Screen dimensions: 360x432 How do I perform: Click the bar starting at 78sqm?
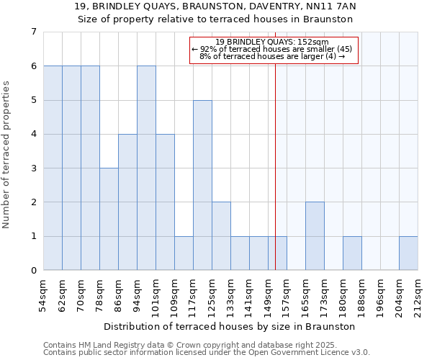pyautogui.click(x=109, y=220)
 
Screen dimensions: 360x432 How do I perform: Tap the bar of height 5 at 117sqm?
pyautogui.click(x=202, y=185)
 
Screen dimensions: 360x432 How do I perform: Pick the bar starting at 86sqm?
pyautogui.click(x=127, y=202)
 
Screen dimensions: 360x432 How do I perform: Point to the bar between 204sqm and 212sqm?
pyautogui.click(x=408, y=253)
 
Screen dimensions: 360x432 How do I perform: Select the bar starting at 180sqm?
pyautogui.click(x=352, y=253)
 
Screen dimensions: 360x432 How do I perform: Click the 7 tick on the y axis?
pyautogui.click(x=33, y=32)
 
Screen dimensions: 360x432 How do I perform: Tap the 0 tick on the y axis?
pyautogui.click(x=33, y=271)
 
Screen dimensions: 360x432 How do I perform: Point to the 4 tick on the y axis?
pyautogui.click(x=33, y=134)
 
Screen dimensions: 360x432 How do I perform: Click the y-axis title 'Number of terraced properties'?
pyautogui.click(x=6, y=154)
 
